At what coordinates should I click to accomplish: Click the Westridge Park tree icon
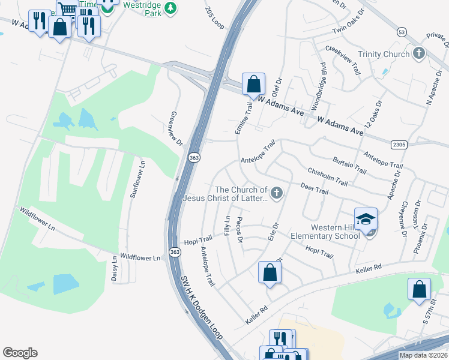tap(171, 8)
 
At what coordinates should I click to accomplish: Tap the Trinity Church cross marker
tap(418, 54)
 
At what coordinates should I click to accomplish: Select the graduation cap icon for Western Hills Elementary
tap(365, 220)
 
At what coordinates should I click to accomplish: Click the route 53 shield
tap(401, 31)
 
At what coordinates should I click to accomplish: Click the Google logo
tap(20, 353)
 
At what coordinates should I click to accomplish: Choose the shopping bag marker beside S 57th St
tap(418, 289)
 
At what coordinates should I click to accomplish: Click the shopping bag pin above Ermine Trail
tap(253, 84)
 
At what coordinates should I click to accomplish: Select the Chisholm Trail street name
tap(327, 177)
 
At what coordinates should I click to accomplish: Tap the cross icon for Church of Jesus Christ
tap(276, 193)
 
